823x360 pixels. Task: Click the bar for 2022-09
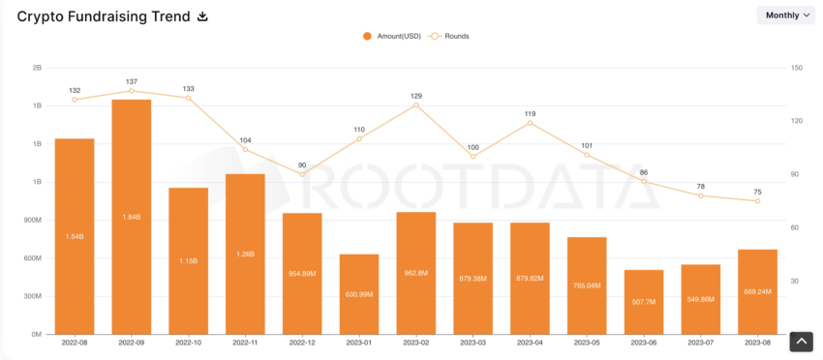[x=132, y=217]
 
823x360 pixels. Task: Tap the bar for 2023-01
[x=359, y=294]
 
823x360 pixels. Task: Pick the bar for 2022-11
[x=245, y=254]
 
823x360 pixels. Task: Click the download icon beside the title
[x=202, y=16]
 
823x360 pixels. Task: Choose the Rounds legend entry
[x=450, y=36]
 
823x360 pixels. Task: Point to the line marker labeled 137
[x=132, y=91]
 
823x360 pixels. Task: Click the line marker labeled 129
[x=416, y=105]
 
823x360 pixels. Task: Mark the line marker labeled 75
[x=758, y=200]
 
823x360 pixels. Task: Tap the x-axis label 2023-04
[x=530, y=343]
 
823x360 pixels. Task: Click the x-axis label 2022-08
[x=75, y=343]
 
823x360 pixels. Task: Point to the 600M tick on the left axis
[x=31, y=258]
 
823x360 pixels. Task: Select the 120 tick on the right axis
[x=797, y=121]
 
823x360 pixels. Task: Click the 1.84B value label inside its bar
[x=132, y=217]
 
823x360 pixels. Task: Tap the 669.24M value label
[x=758, y=291]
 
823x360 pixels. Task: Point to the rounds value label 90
[x=302, y=165]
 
